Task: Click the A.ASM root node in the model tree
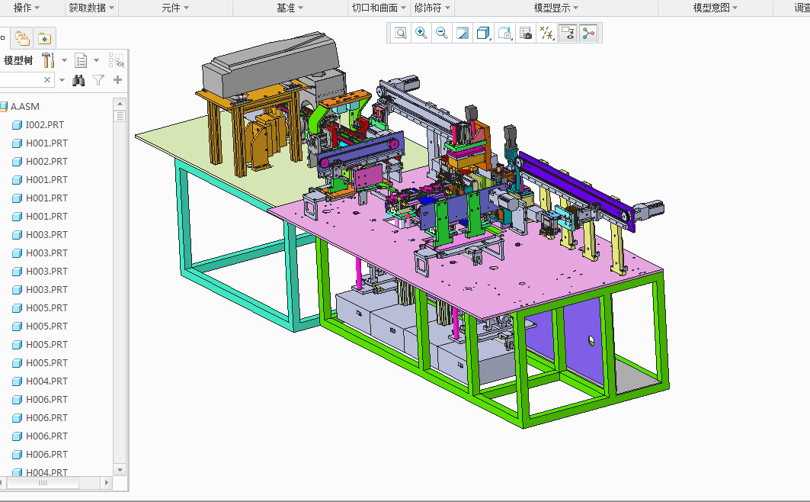(24, 107)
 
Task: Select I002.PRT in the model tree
(44, 125)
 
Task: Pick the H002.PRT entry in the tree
(46, 162)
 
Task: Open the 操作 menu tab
(23, 8)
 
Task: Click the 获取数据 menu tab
(87, 8)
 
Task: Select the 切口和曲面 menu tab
(374, 8)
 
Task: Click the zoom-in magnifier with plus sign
(421, 33)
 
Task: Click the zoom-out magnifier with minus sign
(442, 33)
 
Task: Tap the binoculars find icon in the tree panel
(78, 80)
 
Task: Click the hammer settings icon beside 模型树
(48, 60)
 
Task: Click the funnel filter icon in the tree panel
(98, 80)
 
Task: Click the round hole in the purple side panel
(591, 340)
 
